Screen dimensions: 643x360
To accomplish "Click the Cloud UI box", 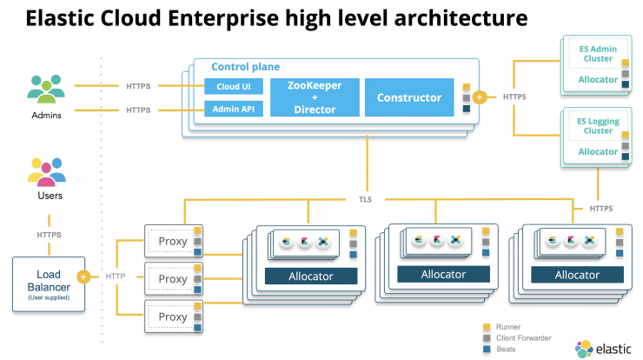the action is (234, 86).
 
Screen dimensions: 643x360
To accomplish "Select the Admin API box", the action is (234, 109).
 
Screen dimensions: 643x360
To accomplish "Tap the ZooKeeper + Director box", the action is (315, 97).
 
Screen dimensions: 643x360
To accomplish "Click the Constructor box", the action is (409, 97).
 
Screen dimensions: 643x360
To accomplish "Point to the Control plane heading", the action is (246, 66).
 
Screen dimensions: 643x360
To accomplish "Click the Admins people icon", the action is (46, 89).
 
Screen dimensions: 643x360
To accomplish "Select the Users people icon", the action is (47, 172).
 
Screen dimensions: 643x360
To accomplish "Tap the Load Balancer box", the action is (49, 284).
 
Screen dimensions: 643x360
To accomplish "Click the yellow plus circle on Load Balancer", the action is (83, 277).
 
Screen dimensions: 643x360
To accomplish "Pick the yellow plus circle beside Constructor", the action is (480, 97).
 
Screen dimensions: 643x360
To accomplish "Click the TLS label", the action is (365, 199).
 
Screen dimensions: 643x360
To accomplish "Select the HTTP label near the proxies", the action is (116, 277).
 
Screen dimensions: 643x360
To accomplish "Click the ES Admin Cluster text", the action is (598, 54).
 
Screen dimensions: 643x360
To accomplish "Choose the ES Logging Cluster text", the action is (598, 126).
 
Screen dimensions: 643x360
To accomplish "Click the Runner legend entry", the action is (502, 327).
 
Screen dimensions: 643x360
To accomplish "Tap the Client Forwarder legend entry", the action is (517, 338).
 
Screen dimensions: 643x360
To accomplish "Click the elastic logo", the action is (603, 349).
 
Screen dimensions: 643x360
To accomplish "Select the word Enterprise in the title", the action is (223, 18).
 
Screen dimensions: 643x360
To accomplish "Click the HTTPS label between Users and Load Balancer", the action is (49, 235).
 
